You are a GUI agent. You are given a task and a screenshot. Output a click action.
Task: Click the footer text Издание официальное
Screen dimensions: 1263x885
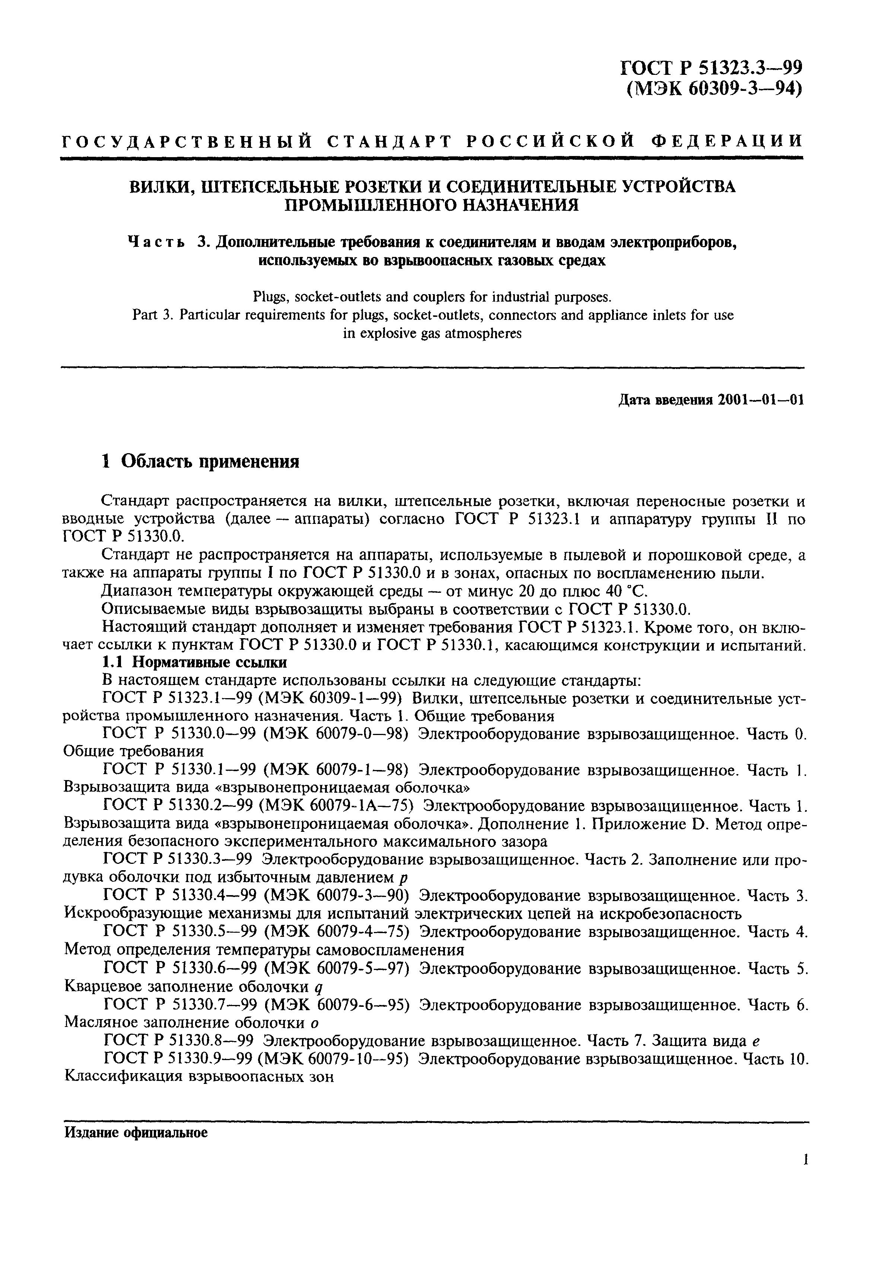point(136,1130)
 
